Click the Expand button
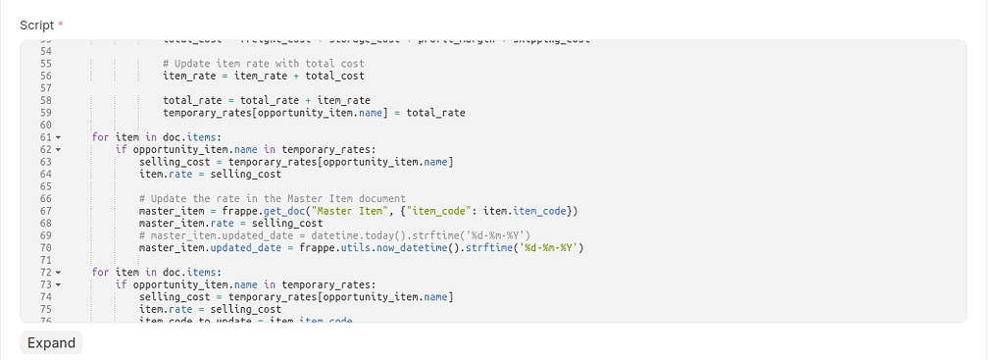point(51,342)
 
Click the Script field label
point(36,25)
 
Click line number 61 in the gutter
point(45,137)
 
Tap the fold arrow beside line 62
point(58,150)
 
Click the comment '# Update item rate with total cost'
point(263,64)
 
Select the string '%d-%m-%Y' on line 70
point(551,247)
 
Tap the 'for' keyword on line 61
point(100,137)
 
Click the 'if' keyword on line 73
point(122,284)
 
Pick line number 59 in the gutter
point(45,113)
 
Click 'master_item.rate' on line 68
point(183,223)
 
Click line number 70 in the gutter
point(45,247)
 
